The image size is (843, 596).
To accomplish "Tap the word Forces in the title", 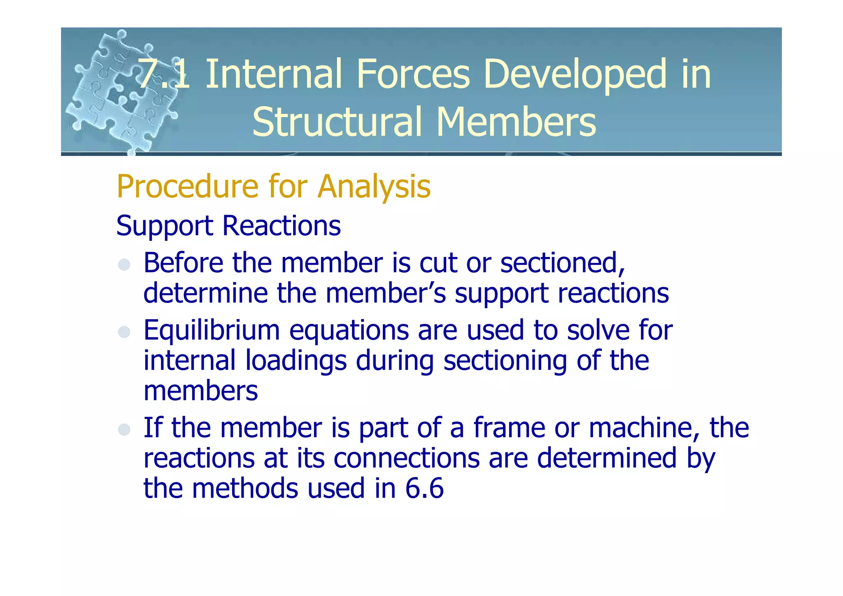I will [x=413, y=74].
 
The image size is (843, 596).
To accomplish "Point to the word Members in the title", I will [x=516, y=122].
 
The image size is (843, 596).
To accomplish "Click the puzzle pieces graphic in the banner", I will [x=119, y=91].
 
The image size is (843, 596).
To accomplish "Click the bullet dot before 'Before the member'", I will [x=124, y=264].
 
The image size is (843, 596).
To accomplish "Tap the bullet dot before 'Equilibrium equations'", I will [x=124, y=332].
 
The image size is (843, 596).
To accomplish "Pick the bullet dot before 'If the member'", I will [x=124, y=429].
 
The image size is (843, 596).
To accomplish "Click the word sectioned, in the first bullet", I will [x=562, y=263].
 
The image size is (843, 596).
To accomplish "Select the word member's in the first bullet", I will [x=386, y=293].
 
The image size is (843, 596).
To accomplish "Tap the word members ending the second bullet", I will [x=200, y=391].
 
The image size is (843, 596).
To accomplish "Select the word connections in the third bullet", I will [x=406, y=458].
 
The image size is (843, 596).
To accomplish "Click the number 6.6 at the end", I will [x=424, y=489].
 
